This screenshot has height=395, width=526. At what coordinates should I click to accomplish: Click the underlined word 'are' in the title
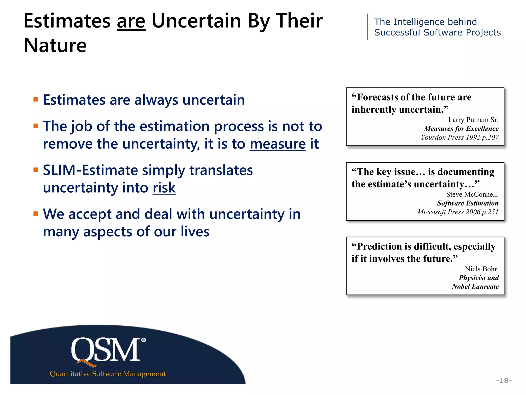[x=131, y=22]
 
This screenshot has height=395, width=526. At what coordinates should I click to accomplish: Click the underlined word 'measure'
[x=278, y=144]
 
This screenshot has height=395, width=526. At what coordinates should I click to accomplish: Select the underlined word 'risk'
[x=164, y=188]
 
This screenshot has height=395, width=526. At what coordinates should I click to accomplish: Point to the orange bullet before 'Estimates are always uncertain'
[x=36, y=100]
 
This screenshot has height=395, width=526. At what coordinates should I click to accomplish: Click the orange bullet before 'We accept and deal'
[x=36, y=214]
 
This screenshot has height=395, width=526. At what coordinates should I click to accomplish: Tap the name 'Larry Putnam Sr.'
[x=473, y=120]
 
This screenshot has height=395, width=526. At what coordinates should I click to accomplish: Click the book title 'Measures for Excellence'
[x=461, y=129]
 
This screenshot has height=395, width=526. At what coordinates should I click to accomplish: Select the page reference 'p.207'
[x=490, y=137]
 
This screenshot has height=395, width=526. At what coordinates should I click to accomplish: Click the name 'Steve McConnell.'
[x=472, y=194]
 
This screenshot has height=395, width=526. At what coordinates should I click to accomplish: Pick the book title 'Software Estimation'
[x=468, y=203]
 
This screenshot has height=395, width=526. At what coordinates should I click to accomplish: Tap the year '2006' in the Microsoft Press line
[x=473, y=212]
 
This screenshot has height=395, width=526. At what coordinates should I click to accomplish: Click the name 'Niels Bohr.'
[x=482, y=269]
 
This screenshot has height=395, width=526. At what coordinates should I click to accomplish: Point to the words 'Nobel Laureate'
[x=475, y=286]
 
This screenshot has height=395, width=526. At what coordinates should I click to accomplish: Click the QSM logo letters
[x=106, y=350]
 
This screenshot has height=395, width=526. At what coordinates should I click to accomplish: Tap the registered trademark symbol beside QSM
[x=144, y=340]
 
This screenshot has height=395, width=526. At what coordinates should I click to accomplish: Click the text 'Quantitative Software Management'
[x=108, y=374]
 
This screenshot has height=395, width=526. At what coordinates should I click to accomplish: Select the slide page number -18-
[x=504, y=380]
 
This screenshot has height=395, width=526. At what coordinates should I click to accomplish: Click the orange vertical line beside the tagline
[x=368, y=27]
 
